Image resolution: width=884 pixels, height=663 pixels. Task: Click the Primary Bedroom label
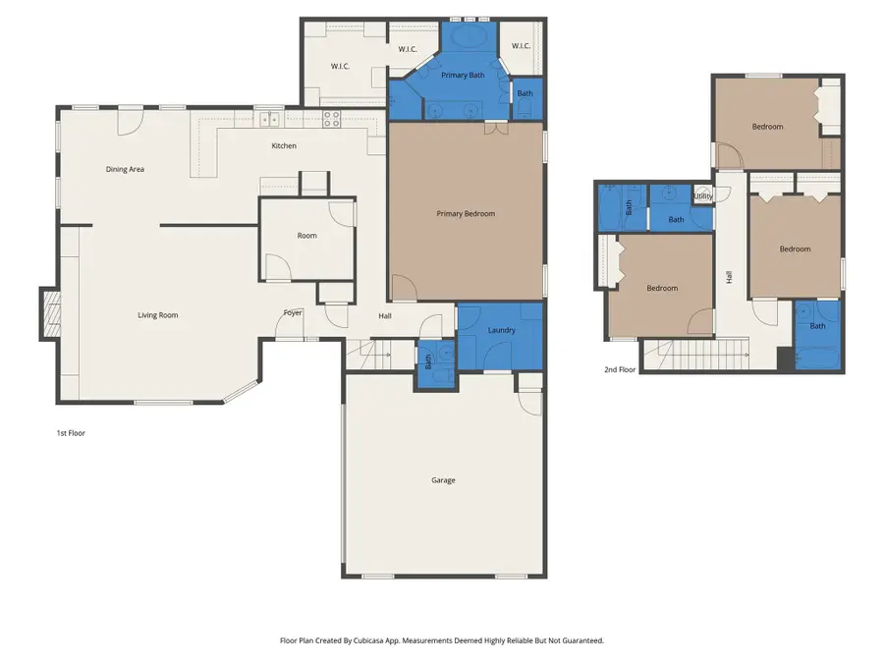(466, 213)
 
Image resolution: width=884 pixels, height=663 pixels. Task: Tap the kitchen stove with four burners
(332, 120)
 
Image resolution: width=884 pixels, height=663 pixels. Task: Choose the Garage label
(443, 480)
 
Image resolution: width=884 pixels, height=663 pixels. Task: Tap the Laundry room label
(501, 330)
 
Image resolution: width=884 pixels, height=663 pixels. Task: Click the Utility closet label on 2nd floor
(703, 196)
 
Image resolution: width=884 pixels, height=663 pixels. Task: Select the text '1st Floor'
(70, 432)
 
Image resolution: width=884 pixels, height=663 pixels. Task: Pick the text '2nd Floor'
(620, 370)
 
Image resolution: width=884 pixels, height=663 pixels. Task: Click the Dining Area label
(125, 169)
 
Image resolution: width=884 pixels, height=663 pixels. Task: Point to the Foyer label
(293, 312)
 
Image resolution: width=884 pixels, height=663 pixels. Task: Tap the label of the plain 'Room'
(306, 236)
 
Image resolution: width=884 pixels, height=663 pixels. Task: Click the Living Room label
(157, 315)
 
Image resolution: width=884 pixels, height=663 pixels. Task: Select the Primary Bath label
(463, 75)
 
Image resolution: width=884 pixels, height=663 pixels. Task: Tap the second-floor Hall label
(729, 278)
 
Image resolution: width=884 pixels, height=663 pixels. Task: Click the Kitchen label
(284, 145)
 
